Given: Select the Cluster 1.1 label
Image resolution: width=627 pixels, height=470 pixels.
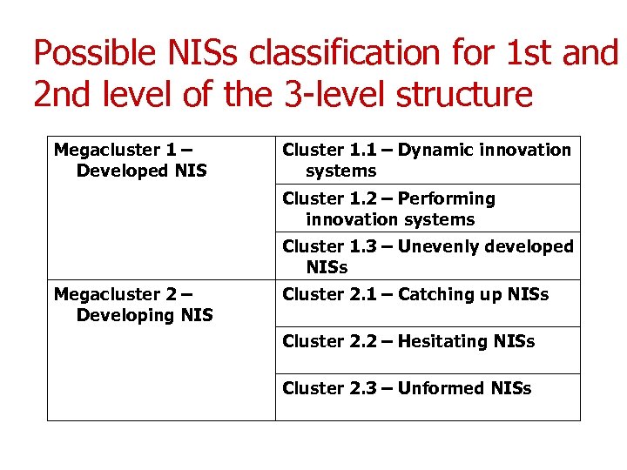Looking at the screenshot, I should point(335,150).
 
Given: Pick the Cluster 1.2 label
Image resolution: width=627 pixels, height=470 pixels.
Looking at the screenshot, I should point(335,198).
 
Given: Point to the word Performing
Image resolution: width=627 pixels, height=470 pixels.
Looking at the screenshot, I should point(447,198).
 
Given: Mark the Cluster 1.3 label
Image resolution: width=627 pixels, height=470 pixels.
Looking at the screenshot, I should point(335,246).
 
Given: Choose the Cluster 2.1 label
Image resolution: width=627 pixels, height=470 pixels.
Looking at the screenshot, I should point(335,294).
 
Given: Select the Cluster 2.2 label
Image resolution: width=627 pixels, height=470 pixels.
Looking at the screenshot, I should point(335,341).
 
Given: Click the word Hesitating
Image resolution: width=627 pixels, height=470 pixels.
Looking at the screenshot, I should point(442,341).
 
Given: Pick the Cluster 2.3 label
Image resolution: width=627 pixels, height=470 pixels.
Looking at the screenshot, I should point(335,388).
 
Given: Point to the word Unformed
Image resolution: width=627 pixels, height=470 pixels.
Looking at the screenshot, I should point(441,388).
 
